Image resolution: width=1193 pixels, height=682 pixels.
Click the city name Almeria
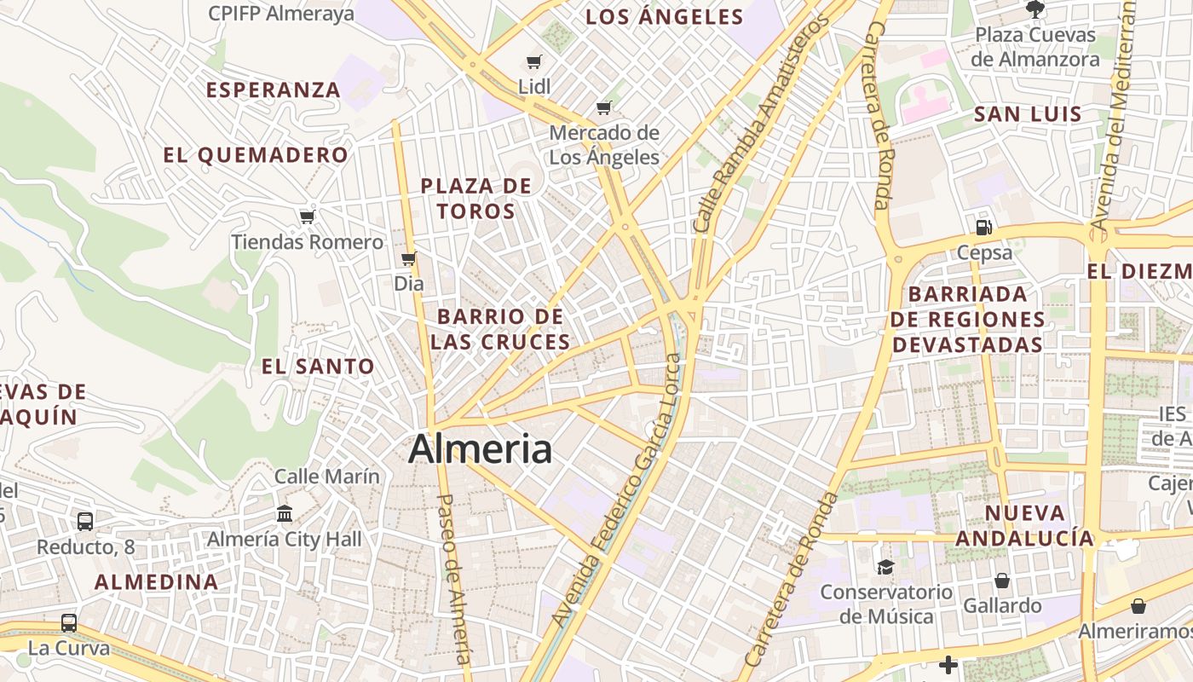point(480,449)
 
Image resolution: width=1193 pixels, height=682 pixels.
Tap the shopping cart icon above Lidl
point(534,61)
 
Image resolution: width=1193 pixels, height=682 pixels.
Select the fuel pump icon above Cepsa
point(984,227)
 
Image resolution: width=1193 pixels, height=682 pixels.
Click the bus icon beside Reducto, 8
point(85,521)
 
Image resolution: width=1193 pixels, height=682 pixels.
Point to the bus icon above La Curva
point(69,623)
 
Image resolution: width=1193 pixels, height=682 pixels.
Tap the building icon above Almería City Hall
point(285,514)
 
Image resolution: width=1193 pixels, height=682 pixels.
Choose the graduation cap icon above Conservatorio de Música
point(886,567)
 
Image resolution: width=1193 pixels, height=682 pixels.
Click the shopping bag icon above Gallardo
point(1002,581)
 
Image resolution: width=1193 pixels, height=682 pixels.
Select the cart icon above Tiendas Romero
point(308,217)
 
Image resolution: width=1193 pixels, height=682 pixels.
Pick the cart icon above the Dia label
point(409,258)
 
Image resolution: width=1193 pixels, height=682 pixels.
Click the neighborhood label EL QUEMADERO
point(256,155)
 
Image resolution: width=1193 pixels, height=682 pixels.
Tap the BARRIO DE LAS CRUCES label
point(500,329)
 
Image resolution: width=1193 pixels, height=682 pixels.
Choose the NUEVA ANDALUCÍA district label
point(1024,525)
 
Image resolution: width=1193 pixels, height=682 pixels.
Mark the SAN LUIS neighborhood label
point(1028,114)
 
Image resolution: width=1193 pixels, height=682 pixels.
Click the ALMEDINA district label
point(156,582)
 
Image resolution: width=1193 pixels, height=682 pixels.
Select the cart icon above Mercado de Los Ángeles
point(604,107)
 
